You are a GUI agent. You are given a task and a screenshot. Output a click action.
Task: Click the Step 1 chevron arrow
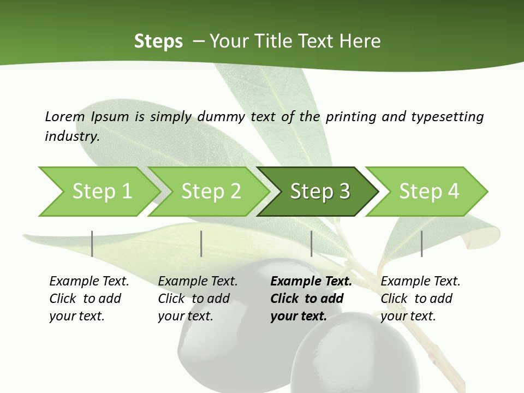(x=102, y=192)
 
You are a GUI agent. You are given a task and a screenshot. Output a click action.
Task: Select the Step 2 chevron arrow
(x=211, y=192)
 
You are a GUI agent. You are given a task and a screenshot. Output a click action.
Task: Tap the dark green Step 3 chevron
(x=320, y=192)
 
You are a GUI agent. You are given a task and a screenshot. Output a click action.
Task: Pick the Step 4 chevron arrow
(x=429, y=192)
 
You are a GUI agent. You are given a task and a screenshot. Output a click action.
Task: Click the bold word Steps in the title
(x=158, y=41)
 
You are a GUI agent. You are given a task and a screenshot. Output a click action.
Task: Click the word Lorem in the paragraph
(x=65, y=117)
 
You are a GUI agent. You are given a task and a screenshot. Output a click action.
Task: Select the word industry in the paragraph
(x=72, y=136)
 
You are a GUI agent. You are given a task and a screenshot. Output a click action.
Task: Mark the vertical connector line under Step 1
(x=92, y=243)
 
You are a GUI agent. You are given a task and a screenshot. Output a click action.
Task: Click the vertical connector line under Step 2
(x=201, y=243)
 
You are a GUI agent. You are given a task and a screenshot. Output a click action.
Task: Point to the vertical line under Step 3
(x=312, y=243)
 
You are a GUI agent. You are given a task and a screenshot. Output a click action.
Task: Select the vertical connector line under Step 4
(x=422, y=243)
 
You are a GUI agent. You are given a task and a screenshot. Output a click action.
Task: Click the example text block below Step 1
(x=89, y=299)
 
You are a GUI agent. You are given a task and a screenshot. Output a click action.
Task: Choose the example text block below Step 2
(x=198, y=299)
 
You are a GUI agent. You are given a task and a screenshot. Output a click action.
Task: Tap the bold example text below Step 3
(x=311, y=299)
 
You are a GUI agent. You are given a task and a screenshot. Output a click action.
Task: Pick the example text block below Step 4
(x=420, y=299)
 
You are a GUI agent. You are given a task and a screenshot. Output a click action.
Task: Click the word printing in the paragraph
(x=350, y=117)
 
